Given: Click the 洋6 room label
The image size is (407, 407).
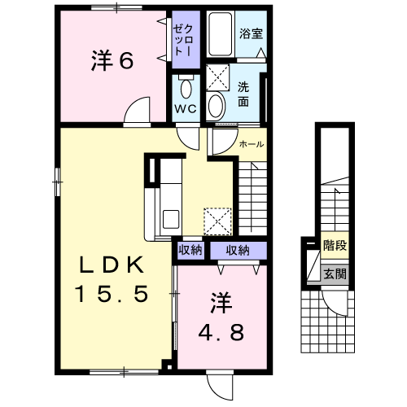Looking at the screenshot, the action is click(112, 60).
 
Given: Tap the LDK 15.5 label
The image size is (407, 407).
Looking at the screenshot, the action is click(112, 280).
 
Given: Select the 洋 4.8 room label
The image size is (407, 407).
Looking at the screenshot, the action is click(221, 316).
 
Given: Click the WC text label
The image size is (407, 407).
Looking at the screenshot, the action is click(186, 109).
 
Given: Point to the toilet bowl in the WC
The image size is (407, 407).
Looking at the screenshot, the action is click(186, 89).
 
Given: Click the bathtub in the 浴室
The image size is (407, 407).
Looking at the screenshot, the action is click(221, 33).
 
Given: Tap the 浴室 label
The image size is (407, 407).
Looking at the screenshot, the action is click(251, 33).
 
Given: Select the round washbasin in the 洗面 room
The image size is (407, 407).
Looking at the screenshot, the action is click(216, 106).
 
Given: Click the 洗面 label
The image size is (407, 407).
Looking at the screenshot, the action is click(243, 94).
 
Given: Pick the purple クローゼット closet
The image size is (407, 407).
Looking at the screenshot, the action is click(186, 40).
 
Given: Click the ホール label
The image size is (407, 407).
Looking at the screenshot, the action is click(252, 144).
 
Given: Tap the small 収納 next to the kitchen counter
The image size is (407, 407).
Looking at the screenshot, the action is click(190, 250).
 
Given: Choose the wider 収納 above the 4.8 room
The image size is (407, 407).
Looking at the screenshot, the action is click(239, 250).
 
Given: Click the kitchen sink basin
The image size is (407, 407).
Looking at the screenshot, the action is click(171, 219).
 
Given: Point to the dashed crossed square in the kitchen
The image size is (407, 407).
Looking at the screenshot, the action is click(217, 221).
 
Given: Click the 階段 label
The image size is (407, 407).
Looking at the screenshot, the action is click(335, 246).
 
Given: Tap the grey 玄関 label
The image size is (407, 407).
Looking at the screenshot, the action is click(335, 274).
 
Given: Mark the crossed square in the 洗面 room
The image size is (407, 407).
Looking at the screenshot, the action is click(217, 77).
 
